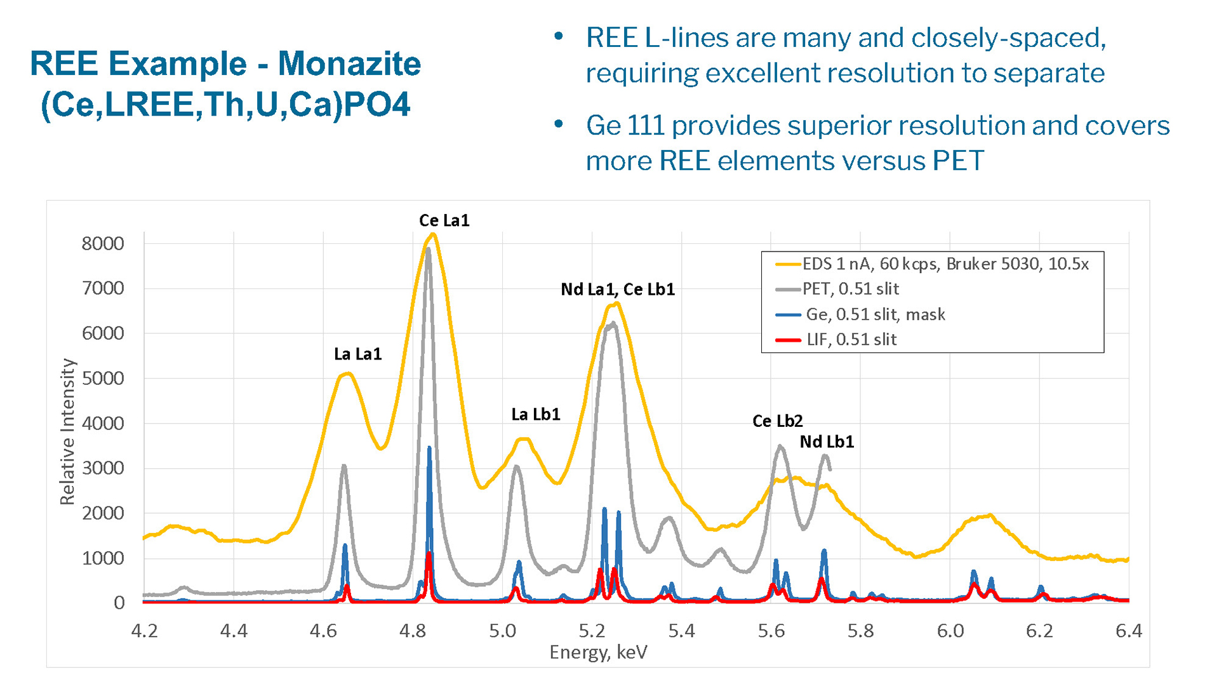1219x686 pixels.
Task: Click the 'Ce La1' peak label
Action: (x=444, y=220)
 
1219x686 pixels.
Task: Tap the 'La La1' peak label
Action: (x=357, y=354)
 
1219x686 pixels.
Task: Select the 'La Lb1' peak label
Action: (x=535, y=414)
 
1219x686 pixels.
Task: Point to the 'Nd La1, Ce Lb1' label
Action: (x=617, y=289)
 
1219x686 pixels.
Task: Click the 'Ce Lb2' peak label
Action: (x=777, y=420)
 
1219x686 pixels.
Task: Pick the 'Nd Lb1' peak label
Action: (x=826, y=441)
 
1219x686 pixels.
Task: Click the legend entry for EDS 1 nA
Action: (x=945, y=264)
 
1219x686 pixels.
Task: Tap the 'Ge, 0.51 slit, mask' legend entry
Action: (x=875, y=314)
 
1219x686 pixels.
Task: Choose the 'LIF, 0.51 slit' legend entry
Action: (x=851, y=339)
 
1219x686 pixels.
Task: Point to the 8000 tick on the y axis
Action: (x=103, y=243)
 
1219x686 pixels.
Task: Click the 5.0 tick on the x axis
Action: (x=502, y=631)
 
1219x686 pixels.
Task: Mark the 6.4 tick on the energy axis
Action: (x=1128, y=631)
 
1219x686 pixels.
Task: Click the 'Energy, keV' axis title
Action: (x=598, y=652)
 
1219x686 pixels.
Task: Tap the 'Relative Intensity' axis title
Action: (x=67, y=432)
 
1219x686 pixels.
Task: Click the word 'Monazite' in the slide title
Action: (x=349, y=64)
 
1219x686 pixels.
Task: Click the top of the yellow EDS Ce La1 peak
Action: (x=433, y=234)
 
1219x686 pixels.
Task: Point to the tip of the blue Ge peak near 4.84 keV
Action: (x=429, y=448)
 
